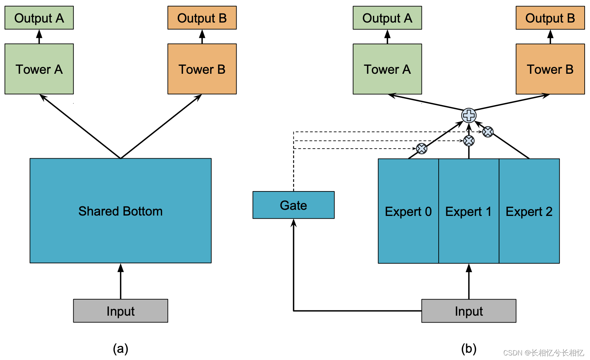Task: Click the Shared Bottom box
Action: point(120,211)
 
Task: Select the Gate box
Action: point(293,205)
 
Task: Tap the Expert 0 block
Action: point(408,211)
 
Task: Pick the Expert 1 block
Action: point(468,211)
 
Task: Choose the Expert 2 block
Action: point(529,211)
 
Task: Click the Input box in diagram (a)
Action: point(120,311)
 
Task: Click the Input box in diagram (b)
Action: point(468,311)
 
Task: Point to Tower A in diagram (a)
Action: point(39,69)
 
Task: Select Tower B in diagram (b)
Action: point(550,69)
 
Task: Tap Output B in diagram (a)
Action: point(202,18)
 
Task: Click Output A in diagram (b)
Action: point(387,18)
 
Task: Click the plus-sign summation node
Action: point(469,115)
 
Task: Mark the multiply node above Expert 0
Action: point(421,148)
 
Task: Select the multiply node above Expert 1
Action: point(469,141)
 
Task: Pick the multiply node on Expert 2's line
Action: point(488,132)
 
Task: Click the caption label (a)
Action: point(120,348)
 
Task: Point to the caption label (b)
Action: point(468,348)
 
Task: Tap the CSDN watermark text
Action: point(543,352)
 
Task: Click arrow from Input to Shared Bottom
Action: point(120,281)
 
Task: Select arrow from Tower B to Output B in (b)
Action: point(550,37)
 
